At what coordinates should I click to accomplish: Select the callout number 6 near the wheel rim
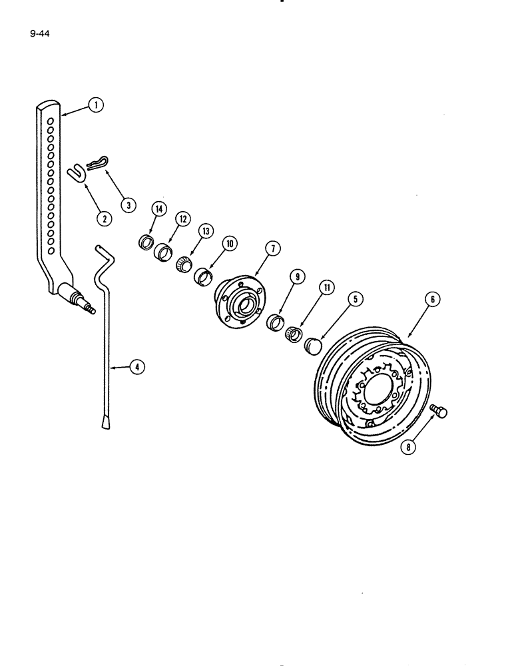pos(432,300)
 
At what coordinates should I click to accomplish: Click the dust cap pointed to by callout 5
pos(312,347)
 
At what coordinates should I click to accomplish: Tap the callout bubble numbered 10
pos(230,244)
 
